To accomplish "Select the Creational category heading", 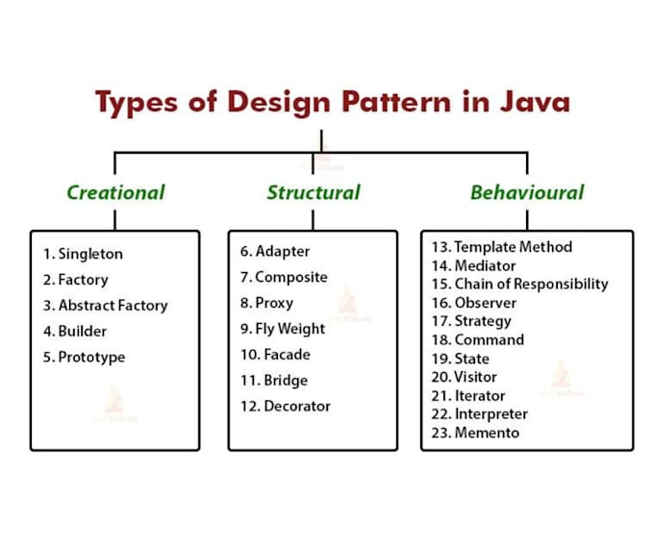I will [116, 192].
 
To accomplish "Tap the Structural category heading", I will [314, 192].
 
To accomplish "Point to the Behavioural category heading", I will [527, 192].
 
